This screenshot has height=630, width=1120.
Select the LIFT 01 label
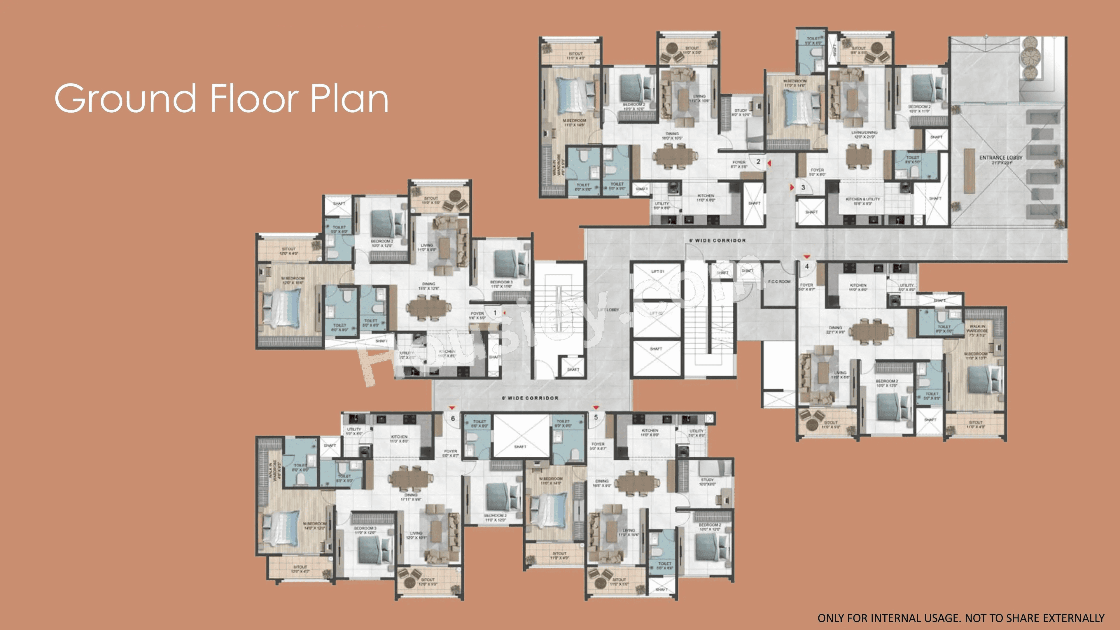pyautogui.click(x=657, y=271)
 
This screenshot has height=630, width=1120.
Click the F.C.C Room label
pyautogui.click(x=779, y=282)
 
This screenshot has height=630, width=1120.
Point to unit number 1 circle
pyautogui.click(x=495, y=313)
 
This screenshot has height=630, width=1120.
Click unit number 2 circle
pyautogui.click(x=758, y=162)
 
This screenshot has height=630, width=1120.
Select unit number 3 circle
pyautogui.click(x=803, y=187)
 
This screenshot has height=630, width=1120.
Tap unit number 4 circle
pyautogui.click(x=807, y=266)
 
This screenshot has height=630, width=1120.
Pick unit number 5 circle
pyautogui.click(x=596, y=417)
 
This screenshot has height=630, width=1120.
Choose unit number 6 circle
pyautogui.click(x=453, y=418)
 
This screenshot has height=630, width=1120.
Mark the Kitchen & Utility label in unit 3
pyautogui.click(x=863, y=201)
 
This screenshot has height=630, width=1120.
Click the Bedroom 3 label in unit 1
pyautogui.click(x=501, y=284)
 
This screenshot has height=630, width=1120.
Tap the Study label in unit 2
pyautogui.click(x=741, y=113)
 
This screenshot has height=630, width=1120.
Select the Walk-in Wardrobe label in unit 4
pyautogui.click(x=977, y=330)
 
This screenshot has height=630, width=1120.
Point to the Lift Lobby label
pyautogui.click(x=608, y=309)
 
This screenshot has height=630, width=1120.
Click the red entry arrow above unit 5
pyautogui.click(x=596, y=408)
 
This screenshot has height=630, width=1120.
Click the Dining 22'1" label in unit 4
pyautogui.click(x=835, y=330)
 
